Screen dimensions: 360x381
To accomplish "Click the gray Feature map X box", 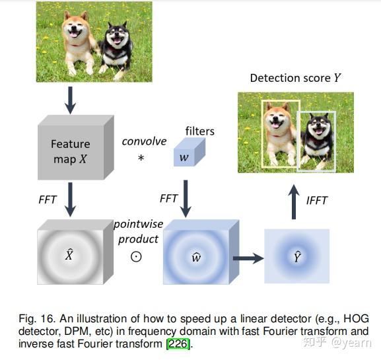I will (x=70, y=149).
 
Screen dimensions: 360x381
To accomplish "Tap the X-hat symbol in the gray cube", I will (x=69, y=255).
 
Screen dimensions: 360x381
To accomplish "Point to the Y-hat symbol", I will (x=297, y=256).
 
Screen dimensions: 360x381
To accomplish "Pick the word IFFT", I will (x=317, y=200).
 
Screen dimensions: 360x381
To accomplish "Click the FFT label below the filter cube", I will (x=169, y=198).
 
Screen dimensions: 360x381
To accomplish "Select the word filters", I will (x=199, y=131).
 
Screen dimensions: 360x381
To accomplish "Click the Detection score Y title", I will (x=295, y=78).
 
